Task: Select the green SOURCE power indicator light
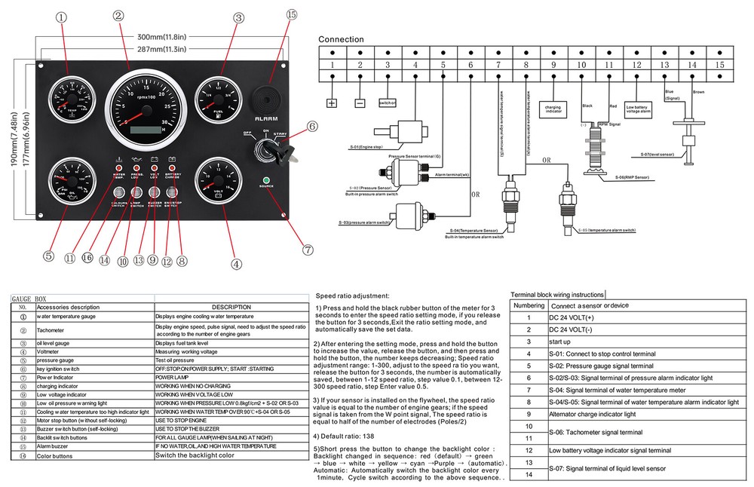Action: (265, 179)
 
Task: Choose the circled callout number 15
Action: (292, 14)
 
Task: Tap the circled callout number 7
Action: (307, 248)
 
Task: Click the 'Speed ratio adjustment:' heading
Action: (352, 296)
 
